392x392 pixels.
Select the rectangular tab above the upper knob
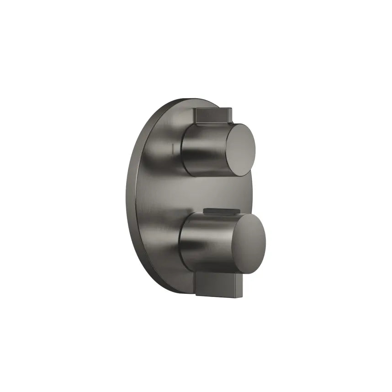(212, 116)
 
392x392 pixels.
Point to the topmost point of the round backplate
(192, 98)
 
